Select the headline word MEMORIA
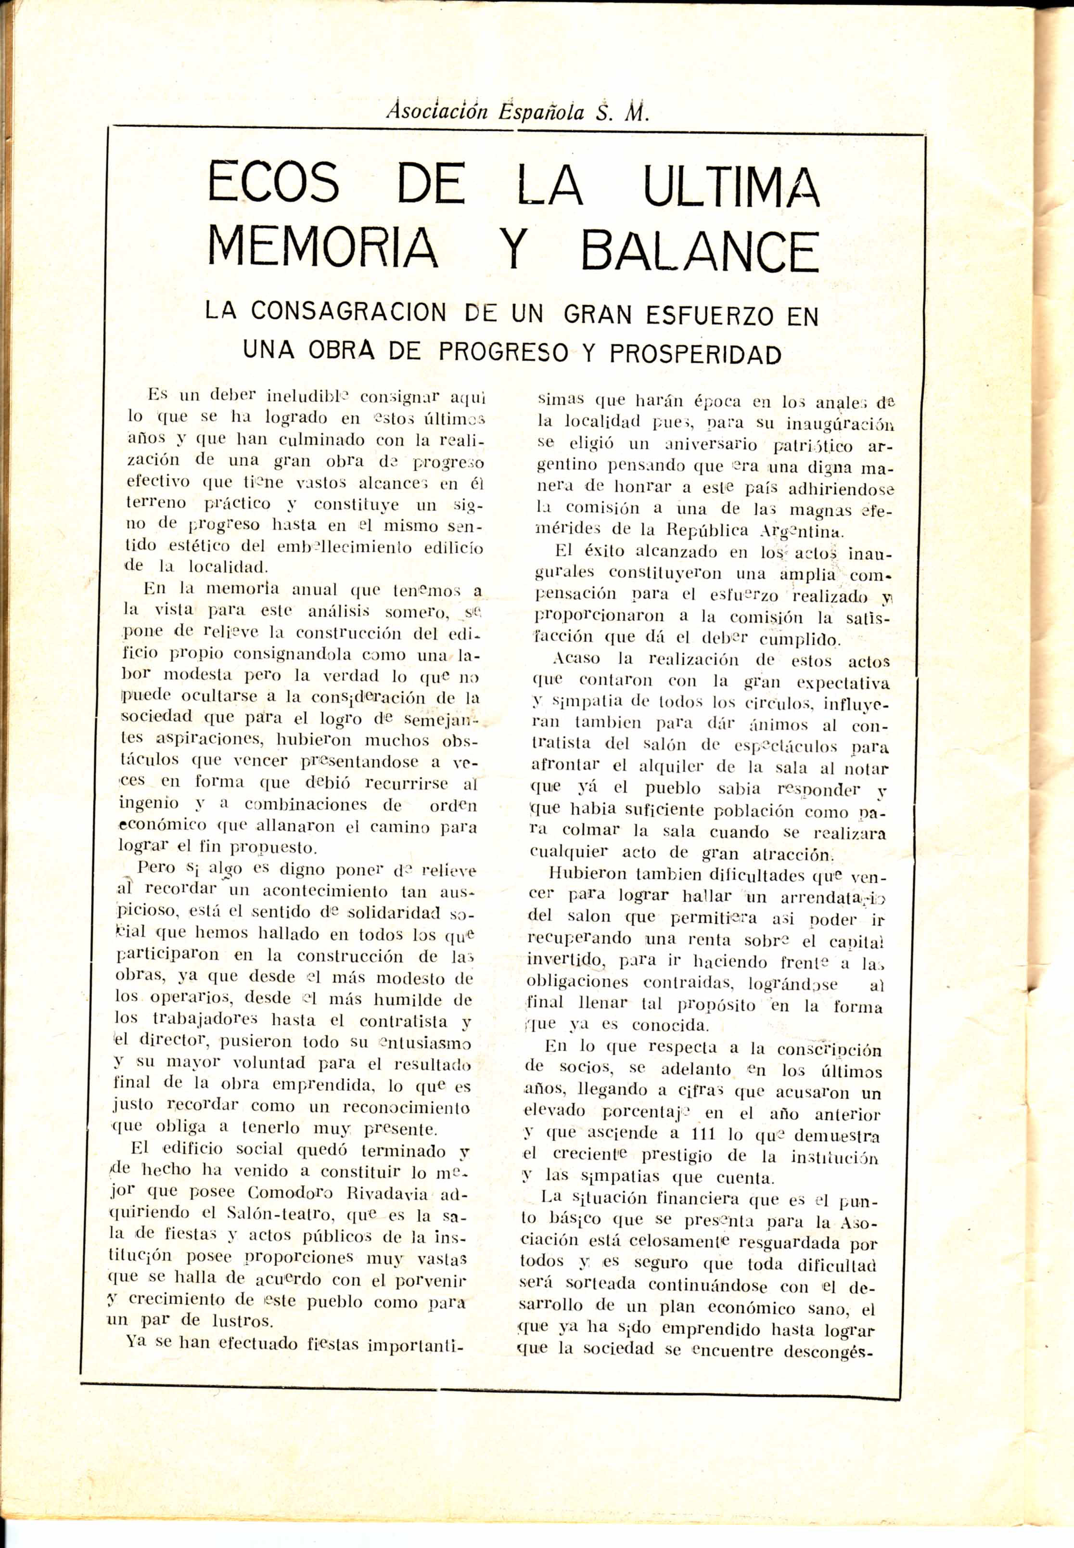(323, 248)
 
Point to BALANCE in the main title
(700, 250)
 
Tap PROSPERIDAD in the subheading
(695, 353)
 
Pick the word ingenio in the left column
(148, 803)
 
